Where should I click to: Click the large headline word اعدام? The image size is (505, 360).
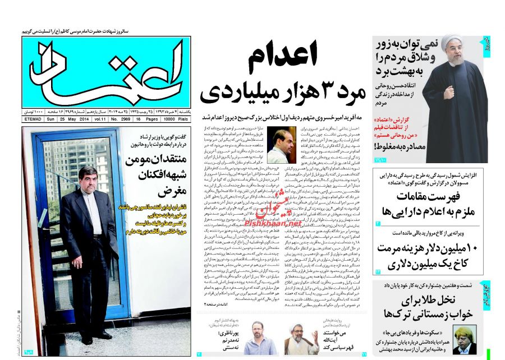(283, 57)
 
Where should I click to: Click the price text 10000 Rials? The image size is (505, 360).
(175, 119)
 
